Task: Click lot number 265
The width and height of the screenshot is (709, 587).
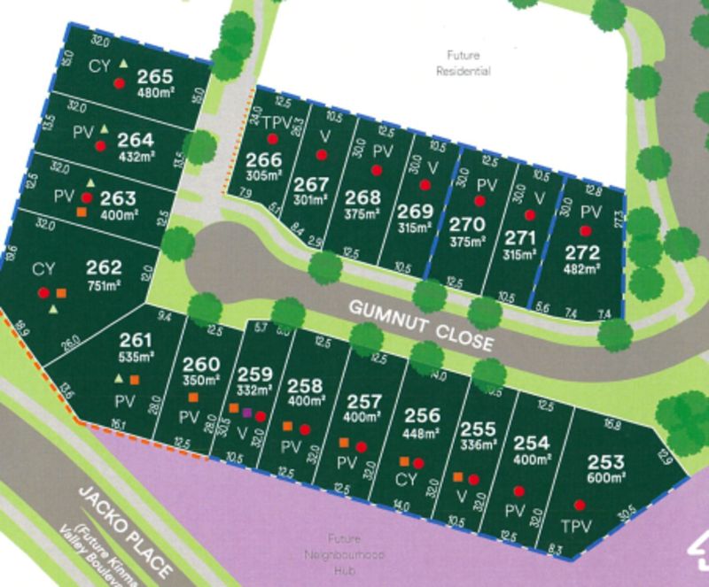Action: (x=155, y=76)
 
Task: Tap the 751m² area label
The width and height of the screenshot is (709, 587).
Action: (x=105, y=284)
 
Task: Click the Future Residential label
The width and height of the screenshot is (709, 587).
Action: (x=463, y=61)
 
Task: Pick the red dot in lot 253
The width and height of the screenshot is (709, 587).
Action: (x=580, y=505)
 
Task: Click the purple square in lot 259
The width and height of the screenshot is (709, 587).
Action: (x=247, y=413)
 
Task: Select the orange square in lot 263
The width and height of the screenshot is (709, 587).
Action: (x=82, y=212)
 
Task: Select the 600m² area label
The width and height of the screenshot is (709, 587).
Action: (x=604, y=478)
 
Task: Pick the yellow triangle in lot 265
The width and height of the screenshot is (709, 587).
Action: (x=123, y=63)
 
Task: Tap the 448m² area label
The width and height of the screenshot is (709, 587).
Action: (x=421, y=434)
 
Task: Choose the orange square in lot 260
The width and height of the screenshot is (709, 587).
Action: (x=191, y=398)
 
